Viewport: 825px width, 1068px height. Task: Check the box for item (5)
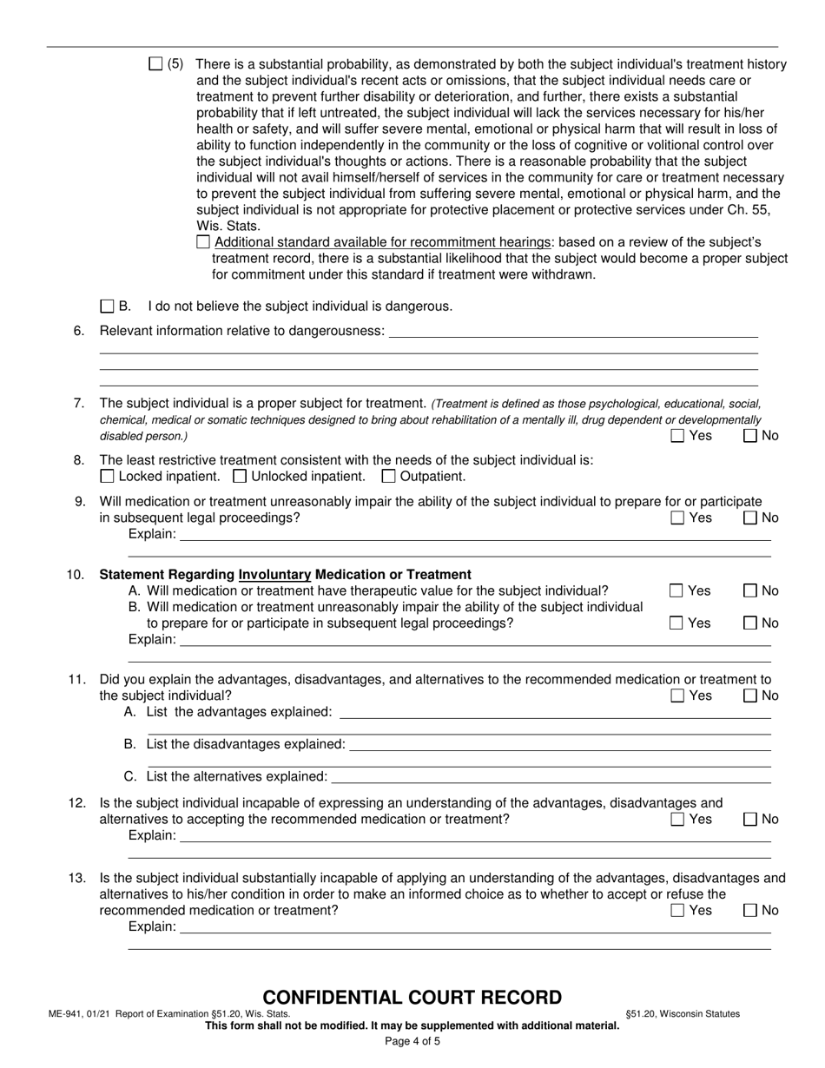coord(155,63)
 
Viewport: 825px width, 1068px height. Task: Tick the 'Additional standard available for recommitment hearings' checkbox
coord(203,242)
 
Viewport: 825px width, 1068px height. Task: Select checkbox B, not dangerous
coord(107,306)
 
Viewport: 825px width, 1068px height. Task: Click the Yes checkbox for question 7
coord(677,436)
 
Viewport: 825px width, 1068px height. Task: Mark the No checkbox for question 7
coord(750,436)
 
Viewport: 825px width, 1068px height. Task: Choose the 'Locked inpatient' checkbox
coord(107,476)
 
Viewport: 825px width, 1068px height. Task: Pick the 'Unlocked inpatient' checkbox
coord(241,476)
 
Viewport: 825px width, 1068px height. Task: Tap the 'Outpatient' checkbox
coord(388,476)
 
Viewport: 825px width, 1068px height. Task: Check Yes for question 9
coord(677,518)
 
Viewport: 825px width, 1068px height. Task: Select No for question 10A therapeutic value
coord(750,591)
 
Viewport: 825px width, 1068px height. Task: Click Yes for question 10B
coord(677,623)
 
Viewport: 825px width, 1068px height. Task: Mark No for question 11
coord(750,696)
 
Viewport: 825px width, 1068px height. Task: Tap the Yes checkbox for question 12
coord(677,820)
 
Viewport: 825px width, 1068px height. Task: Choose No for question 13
coord(750,911)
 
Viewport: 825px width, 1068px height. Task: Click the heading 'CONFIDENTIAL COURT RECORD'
coord(412,998)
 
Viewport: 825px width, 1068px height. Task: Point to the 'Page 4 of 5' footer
coord(412,1041)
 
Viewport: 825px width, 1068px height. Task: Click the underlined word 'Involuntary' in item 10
coord(274,575)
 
